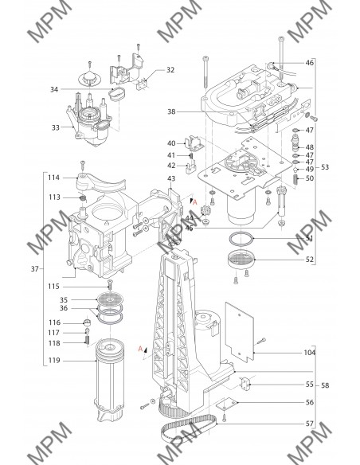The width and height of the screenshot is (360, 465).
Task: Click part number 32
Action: [170, 70]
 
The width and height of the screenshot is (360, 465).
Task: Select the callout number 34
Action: [54, 89]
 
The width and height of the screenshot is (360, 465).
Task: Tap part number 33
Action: [56, 127]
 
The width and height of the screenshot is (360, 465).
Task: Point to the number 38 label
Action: [171, 111]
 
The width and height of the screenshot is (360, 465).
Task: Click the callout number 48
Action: [309, 147]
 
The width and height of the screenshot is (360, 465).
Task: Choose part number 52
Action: [309, 260]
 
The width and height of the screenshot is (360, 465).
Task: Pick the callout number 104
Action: [309, 353]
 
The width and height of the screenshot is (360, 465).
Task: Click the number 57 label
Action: [309, 424]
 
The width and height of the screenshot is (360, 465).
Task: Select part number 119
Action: [54, 361]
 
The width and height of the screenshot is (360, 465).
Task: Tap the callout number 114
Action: [53, 178]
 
